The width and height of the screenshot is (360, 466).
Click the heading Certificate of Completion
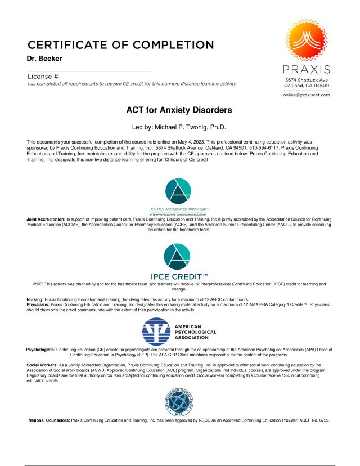(x=120, y=44)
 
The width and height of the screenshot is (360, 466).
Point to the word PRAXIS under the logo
(x=306, y=70)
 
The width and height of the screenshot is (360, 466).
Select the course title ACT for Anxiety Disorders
(x=179, y=110)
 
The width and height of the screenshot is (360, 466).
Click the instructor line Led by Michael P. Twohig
(x=179, y=127)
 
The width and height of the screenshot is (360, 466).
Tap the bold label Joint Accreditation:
(x=46, y=218)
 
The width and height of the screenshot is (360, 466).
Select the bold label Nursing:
(x=35, y=299)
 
